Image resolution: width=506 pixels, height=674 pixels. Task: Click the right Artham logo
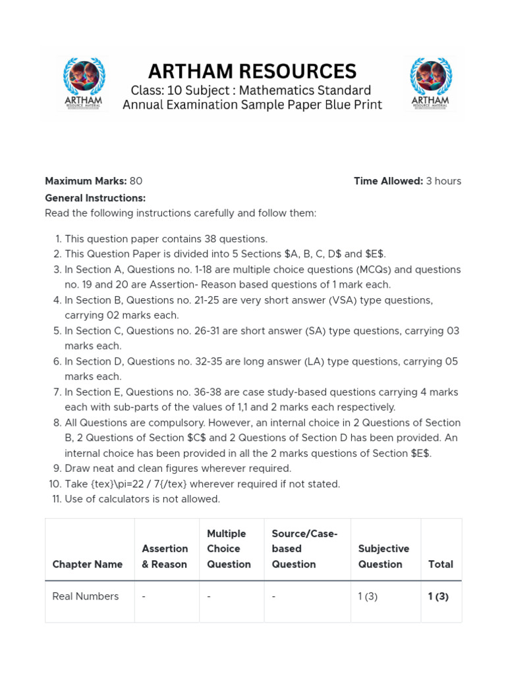click(430, 84)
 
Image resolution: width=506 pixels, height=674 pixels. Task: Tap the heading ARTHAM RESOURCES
click(252, 70)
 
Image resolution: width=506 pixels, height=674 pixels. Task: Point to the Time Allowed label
click(388, 181)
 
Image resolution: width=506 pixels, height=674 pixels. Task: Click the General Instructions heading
click(95, 198)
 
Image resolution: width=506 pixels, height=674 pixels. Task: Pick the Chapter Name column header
click(88, 564)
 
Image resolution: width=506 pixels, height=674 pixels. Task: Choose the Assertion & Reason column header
click(165, 556)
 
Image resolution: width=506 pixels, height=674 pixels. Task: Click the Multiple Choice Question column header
click(229, 549)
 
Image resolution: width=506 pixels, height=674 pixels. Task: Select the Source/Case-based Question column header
click(304, 549)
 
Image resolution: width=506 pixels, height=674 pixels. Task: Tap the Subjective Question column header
click(383, 556)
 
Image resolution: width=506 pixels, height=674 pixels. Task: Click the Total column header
click(440, 564)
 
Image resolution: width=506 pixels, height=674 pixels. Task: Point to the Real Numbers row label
click(86, 596)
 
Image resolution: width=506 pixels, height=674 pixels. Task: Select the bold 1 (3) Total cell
click(438, 596)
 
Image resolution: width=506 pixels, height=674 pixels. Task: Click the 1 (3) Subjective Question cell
click(368, 596)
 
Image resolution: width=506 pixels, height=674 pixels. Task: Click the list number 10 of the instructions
click(55, 484)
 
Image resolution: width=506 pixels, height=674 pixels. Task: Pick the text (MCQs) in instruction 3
click(376, 270)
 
